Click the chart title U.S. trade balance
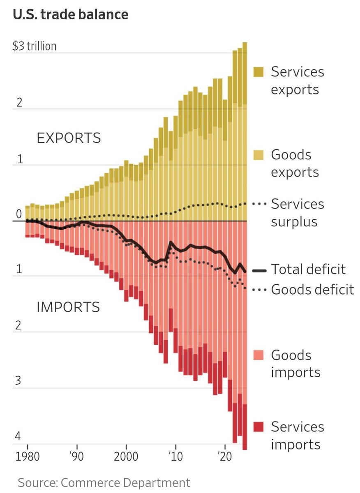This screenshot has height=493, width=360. coord(71,15)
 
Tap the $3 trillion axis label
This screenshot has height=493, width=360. coord(35,46)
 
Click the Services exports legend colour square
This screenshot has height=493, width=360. coord(258,72)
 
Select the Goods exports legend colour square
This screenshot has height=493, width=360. coord(258,155)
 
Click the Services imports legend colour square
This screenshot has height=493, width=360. coord(258,427)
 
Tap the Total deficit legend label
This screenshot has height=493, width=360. coord(308,270)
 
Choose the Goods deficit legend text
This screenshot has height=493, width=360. coord(312,290)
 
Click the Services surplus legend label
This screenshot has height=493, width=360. coord(298,213)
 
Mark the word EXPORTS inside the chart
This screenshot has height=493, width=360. coord(69,138)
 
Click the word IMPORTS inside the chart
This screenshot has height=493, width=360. coord(68,307)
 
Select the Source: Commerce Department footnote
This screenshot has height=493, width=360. coord(104,482)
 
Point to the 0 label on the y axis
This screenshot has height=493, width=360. coord(18,214)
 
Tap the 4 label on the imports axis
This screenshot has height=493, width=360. coord(18,436)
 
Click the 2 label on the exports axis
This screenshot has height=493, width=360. coord(19,102)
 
